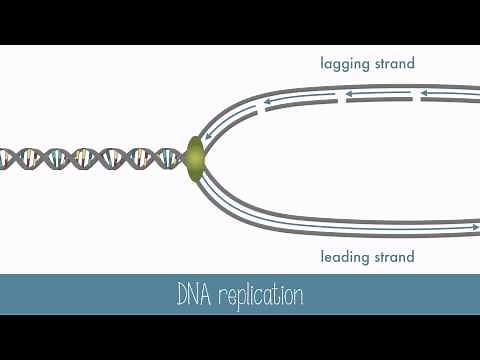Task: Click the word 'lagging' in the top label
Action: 345,64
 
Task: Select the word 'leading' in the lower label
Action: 345,258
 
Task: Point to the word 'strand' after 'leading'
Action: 393,258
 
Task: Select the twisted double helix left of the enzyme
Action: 90,158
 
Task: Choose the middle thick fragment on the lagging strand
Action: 378,100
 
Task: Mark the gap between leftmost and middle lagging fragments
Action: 340,101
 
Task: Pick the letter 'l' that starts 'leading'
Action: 322,257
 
